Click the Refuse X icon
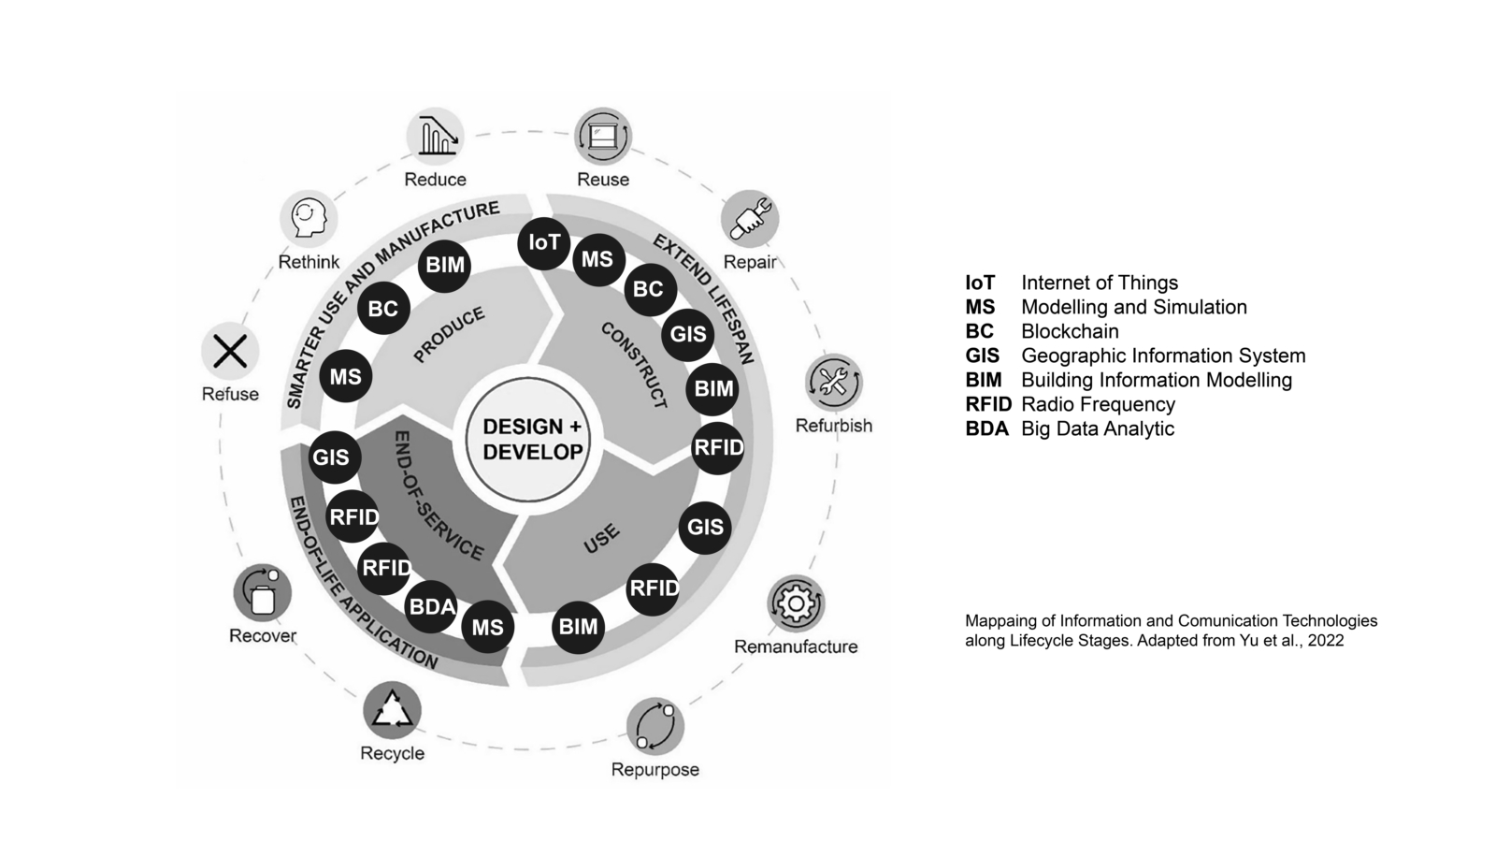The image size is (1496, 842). click(230, 352)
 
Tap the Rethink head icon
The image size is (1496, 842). click(309, 218)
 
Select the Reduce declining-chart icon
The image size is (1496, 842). click(436, 136)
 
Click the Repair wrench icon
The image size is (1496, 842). click(750, 220)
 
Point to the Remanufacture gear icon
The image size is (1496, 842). click(796, 603)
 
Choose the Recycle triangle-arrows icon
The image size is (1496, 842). click(393, 710)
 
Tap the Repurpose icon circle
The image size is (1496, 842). click(654, 726)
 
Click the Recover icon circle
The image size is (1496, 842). click(263, 593)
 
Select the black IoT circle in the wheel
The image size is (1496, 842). click(544, 243)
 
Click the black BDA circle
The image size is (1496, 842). click(432, 607)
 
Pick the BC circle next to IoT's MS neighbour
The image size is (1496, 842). click(648, 290)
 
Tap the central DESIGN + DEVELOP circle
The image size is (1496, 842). click(533, 439)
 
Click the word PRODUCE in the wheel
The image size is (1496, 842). click(450, 334)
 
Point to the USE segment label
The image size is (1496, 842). click(601, 539)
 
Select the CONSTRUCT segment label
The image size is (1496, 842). click(635, 365)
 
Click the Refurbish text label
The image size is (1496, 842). click(834, 426)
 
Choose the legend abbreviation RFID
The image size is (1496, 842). click(988, 404)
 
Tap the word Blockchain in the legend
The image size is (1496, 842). click(1070, 331)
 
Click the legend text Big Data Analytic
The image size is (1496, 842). click(1098, 428)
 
